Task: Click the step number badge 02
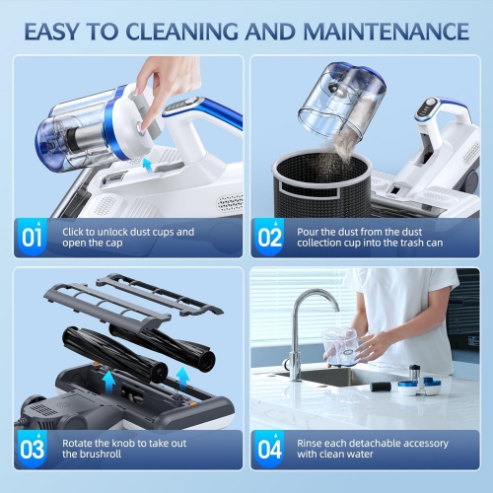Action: click(x=269, y=238)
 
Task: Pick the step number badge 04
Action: click(x=269, y=449)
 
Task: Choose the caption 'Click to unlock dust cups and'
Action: click(x=128, y=233)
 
